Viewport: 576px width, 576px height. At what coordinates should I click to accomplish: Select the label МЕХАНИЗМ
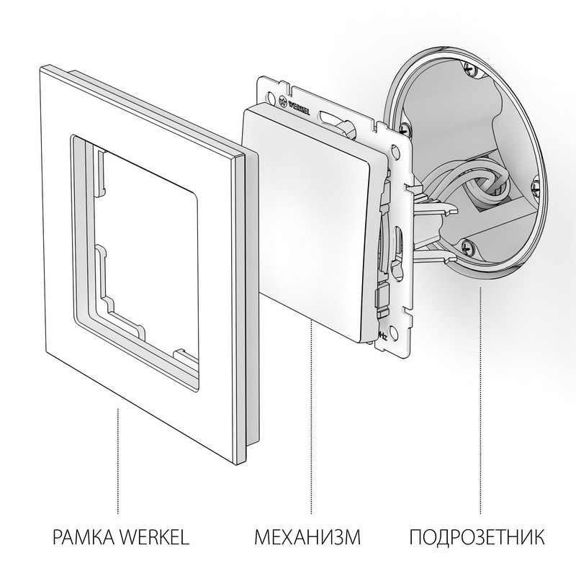coord(307,536)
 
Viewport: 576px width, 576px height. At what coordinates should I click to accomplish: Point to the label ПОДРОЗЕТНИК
coord(477,536)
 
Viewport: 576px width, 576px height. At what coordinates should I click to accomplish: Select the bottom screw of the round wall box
coord(469,247)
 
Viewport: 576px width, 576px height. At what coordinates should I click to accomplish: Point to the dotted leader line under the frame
coord(117,454)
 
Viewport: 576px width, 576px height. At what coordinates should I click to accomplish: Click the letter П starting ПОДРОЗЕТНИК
coord(414,536)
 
